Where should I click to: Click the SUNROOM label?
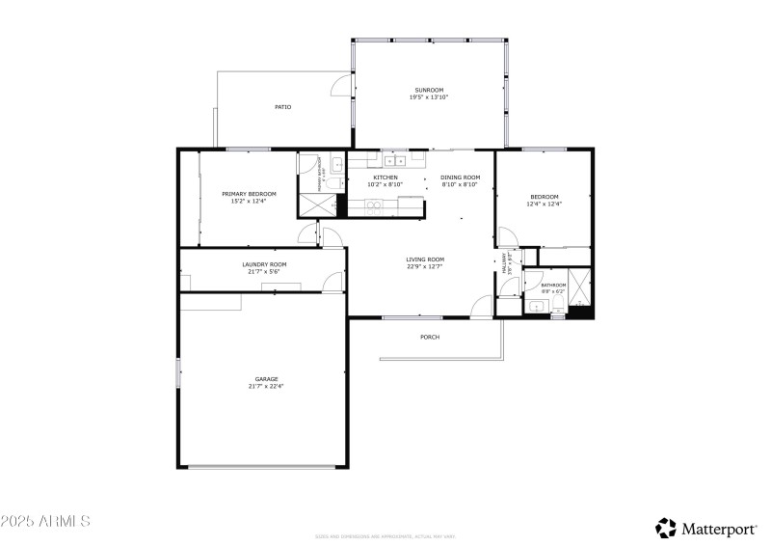(x=429, y=90)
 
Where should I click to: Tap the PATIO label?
(x=282, y=107)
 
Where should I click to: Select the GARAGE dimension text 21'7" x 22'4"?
(x=266, y=386)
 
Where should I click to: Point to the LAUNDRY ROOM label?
(x=263, y=263)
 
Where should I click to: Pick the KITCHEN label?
(x=385, y=177)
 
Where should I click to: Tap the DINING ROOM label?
(x=460, y=177)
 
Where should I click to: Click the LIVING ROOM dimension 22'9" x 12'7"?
(x=424, y=266)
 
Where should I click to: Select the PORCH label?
(x=430, y=337)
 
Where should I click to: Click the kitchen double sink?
(x=395, y=159)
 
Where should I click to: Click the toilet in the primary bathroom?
(x=333, y=183)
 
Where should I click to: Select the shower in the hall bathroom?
(x=580, y=287)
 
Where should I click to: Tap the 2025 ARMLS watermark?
(x=45, y=521)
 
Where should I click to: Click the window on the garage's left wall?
(x=177, y=373)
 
